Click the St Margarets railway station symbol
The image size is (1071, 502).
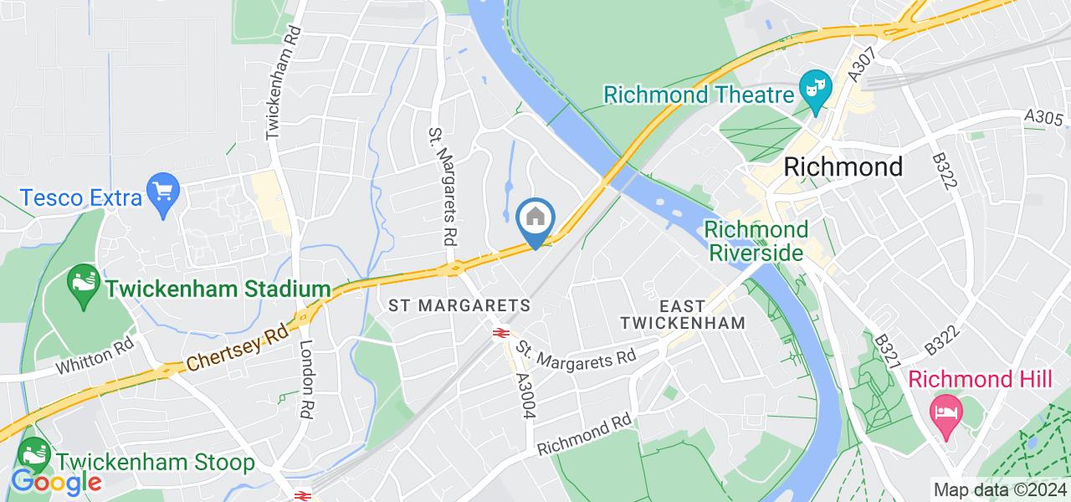coord(501,333)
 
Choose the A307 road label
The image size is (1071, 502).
coord(858,64)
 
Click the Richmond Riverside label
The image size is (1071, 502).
coord(756,240)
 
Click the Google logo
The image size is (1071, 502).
coord(55,483)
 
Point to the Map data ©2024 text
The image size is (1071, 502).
coord(1000,489)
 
